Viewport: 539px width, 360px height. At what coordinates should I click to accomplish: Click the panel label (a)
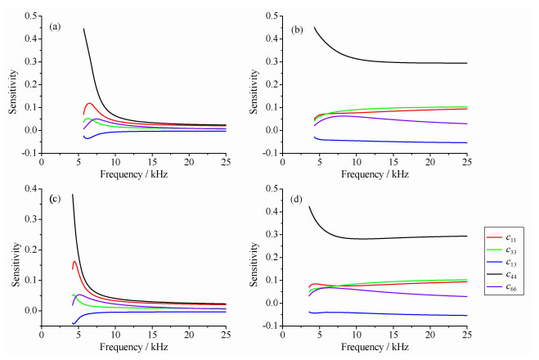pyautogui.click(x=56, y=26)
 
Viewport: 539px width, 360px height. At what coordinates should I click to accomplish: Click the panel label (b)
pyautogui.click(x=298, y=29)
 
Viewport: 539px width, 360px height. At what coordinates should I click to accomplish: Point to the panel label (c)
pyautogui.click(x=56, y=200)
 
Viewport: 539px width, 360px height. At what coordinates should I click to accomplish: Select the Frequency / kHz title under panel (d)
pyautogui.click(x=375, y=348)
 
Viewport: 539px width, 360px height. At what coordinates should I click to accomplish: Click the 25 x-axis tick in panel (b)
pyautogui.click(x=467, y=164)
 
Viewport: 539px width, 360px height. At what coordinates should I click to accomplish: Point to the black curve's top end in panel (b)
pyautogui.click(x=315, y=27)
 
